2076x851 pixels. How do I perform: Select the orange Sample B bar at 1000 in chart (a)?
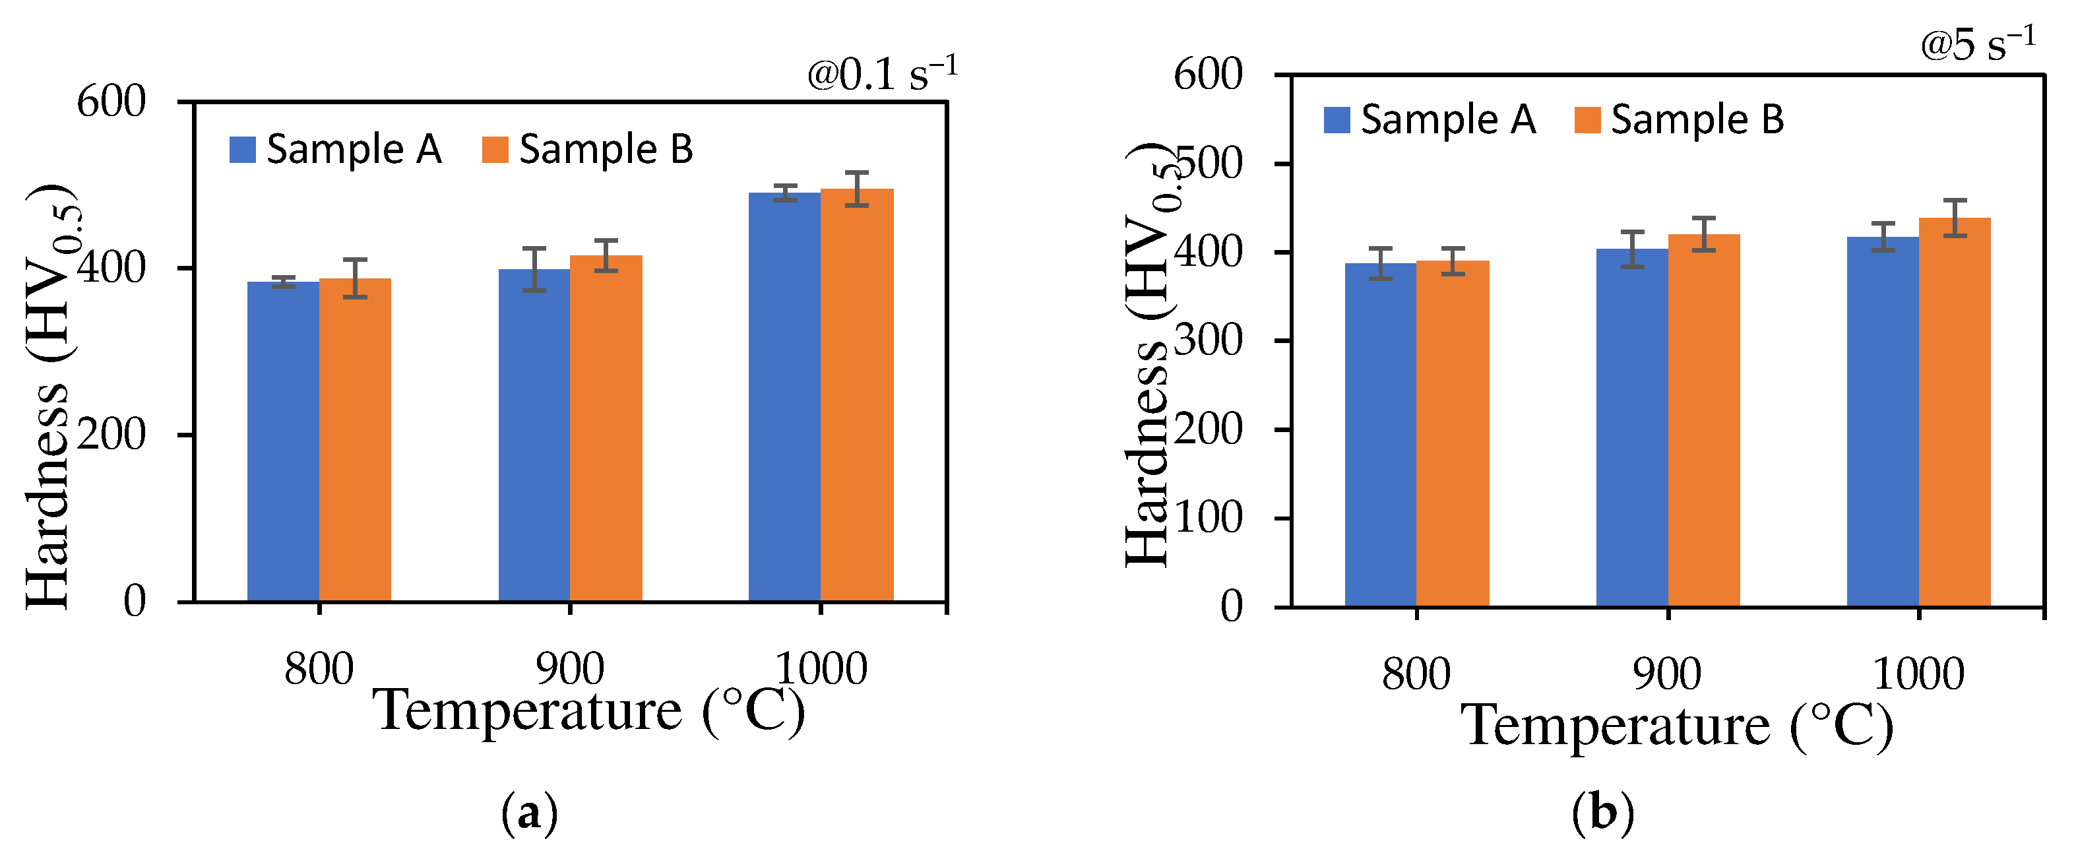tap(857, 395)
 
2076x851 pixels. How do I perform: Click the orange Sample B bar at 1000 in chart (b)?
tap(1955, 412)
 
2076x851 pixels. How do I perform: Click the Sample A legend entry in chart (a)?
tap(335, 150)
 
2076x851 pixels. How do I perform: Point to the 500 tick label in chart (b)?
tap(1209, 164)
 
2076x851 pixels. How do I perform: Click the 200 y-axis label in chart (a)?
tap(111, 435)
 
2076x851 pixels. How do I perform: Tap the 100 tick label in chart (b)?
tap(1209, 518)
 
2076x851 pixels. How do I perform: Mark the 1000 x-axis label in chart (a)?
tap(821, 669)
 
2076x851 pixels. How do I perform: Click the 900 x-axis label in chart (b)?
tap(1666, 674)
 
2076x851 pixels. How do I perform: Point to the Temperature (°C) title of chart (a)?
tap(588, 710)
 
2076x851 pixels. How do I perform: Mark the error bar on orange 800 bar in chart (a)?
tap(356, 279)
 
